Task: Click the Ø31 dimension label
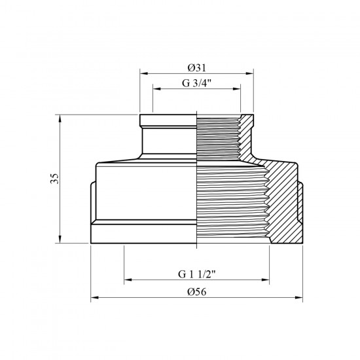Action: coord(197,67)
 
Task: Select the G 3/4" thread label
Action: coord(196,83)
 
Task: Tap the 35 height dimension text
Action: coord(54,179)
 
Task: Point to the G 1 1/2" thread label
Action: coord(197,274)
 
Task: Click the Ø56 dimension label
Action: coord(197,292)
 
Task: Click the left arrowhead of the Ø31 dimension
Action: coord(144,73)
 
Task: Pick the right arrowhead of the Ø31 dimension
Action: coord(249,73)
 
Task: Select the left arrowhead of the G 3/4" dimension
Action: coord(157,89)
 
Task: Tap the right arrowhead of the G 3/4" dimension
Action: coord(237,89)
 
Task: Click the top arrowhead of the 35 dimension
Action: coord(60,118)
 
